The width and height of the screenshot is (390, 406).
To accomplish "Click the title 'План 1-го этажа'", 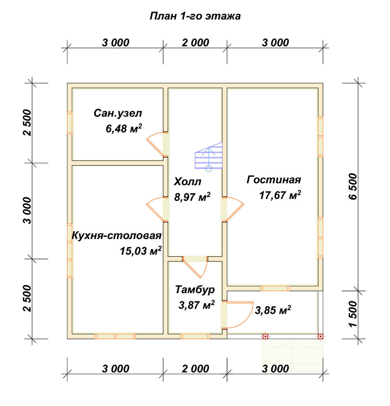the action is (195, 16).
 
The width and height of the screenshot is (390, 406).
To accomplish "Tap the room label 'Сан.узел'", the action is (118, 113).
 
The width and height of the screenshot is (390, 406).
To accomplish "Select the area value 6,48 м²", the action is (124, 128).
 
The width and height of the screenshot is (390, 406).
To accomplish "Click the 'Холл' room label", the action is (187, 182).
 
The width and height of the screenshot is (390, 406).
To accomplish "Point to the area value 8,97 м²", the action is (192, 197).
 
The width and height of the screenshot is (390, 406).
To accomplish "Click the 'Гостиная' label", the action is (274, 180).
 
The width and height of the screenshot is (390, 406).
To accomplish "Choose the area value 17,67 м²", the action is (280, 195).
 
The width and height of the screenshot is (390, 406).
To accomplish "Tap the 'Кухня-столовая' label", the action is (116, 236).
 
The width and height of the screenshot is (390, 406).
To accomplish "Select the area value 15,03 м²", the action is (140, 251).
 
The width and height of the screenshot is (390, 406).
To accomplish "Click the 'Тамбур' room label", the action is (195, 289).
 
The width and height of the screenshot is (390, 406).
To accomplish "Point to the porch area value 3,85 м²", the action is (273, 310).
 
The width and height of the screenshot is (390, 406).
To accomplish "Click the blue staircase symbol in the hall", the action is (209, 157).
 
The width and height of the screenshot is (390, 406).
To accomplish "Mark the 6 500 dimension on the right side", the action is (353, 187).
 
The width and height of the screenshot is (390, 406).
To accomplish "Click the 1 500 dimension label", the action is (353, 314).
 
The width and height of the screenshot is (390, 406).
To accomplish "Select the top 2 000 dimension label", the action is (195, 43).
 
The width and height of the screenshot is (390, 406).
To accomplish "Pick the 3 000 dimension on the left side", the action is (27, 210).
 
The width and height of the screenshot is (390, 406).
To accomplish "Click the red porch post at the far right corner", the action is (320, 336).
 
